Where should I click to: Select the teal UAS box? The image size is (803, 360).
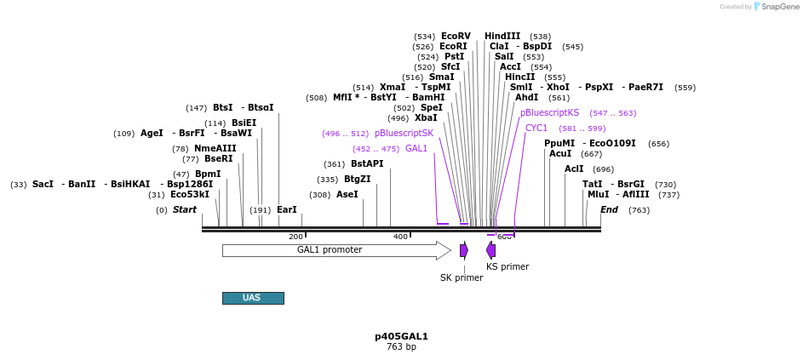253,298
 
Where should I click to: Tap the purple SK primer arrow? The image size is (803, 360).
463,250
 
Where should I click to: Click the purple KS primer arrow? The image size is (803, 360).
490,250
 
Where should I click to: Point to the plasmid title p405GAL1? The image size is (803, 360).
401,336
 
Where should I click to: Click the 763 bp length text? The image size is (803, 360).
401,347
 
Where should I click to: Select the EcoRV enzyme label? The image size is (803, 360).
456,36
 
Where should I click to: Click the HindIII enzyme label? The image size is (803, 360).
502,36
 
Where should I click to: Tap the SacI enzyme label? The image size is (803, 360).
43,184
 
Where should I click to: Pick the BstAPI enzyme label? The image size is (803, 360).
367,163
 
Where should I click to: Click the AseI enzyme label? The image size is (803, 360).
347,194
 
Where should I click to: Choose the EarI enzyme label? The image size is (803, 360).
287,209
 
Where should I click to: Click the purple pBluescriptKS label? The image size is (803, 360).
549,112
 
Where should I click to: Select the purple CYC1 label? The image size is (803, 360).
536,128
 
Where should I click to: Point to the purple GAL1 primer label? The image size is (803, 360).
416,148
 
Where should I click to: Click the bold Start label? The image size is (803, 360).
184,209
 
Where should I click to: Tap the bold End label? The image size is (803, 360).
609,209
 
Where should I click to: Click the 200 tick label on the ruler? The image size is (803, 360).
295,237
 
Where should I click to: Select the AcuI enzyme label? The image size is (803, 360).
560,153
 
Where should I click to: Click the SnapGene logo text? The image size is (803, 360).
780,7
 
